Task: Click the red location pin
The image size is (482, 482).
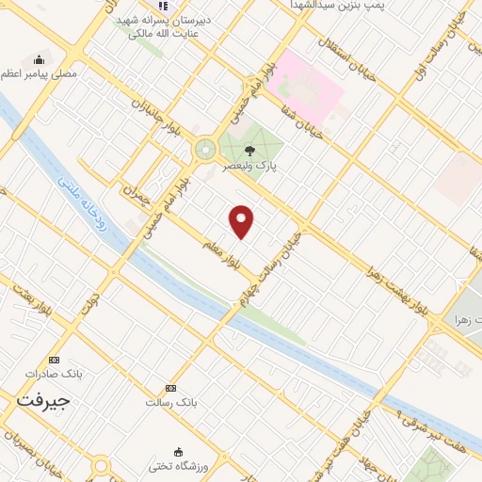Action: point(242,220)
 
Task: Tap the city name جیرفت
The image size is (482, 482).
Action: point(44,400)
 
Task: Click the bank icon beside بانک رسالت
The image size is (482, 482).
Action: point(170,388)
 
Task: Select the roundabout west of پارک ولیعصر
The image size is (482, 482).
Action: point(204,149)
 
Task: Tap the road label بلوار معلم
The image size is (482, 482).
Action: point(227,255)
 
